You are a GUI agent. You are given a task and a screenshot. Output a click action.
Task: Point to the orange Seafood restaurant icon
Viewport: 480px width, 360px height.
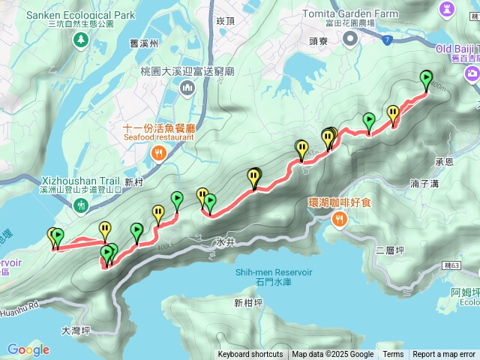tap(159, 154)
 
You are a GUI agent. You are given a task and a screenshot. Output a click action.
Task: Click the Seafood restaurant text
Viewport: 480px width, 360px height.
tap(159, 137)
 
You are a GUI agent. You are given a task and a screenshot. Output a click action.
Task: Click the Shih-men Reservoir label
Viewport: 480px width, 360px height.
tap(273, 272)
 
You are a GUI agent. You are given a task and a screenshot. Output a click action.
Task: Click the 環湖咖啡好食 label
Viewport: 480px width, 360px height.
tap(340, 202)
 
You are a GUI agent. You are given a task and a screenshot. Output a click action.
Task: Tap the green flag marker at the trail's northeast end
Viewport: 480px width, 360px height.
tap(426, 77)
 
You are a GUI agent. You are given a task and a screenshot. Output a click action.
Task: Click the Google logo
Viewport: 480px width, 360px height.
tap(28, 349)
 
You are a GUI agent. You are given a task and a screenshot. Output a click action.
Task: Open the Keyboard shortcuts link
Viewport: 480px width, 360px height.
tap(250, 355)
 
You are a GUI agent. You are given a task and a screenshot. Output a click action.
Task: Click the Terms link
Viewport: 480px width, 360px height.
tap(393, 355)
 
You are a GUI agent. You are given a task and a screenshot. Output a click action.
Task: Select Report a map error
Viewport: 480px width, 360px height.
tap(444, 355)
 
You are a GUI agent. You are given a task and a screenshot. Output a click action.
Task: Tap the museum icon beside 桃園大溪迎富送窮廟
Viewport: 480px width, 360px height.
tap(186, 89)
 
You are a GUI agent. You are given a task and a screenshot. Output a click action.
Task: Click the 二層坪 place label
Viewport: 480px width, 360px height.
tap(390, 250)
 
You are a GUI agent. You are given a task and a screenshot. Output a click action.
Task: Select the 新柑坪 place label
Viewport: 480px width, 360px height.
tap(248, 303)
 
